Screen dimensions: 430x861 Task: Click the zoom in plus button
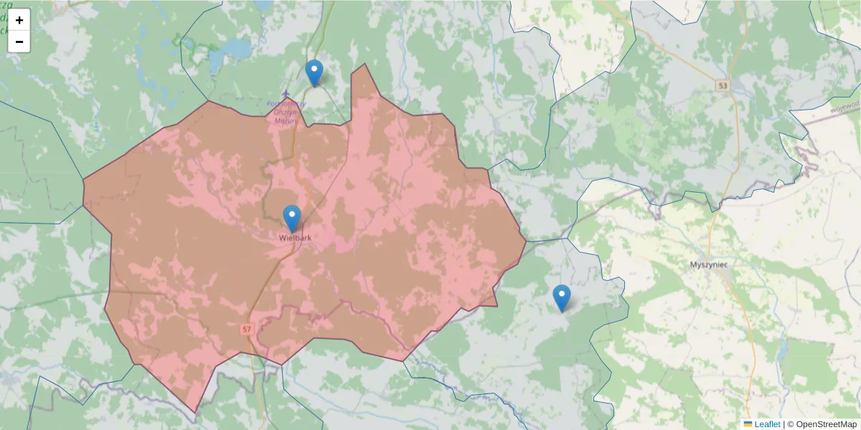point(19,20)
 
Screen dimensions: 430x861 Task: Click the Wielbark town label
point(295,237)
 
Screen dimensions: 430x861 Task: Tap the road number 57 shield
point(248,328)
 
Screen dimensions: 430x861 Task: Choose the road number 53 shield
point(722,85)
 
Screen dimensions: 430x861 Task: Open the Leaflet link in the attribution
point(767,424)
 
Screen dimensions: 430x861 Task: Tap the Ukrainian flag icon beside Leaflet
point(748,424)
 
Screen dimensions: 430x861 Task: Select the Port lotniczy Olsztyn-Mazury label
point(286,112)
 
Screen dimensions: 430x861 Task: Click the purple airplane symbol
point(286,94)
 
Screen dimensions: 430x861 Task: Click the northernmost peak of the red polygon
point(365,64)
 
